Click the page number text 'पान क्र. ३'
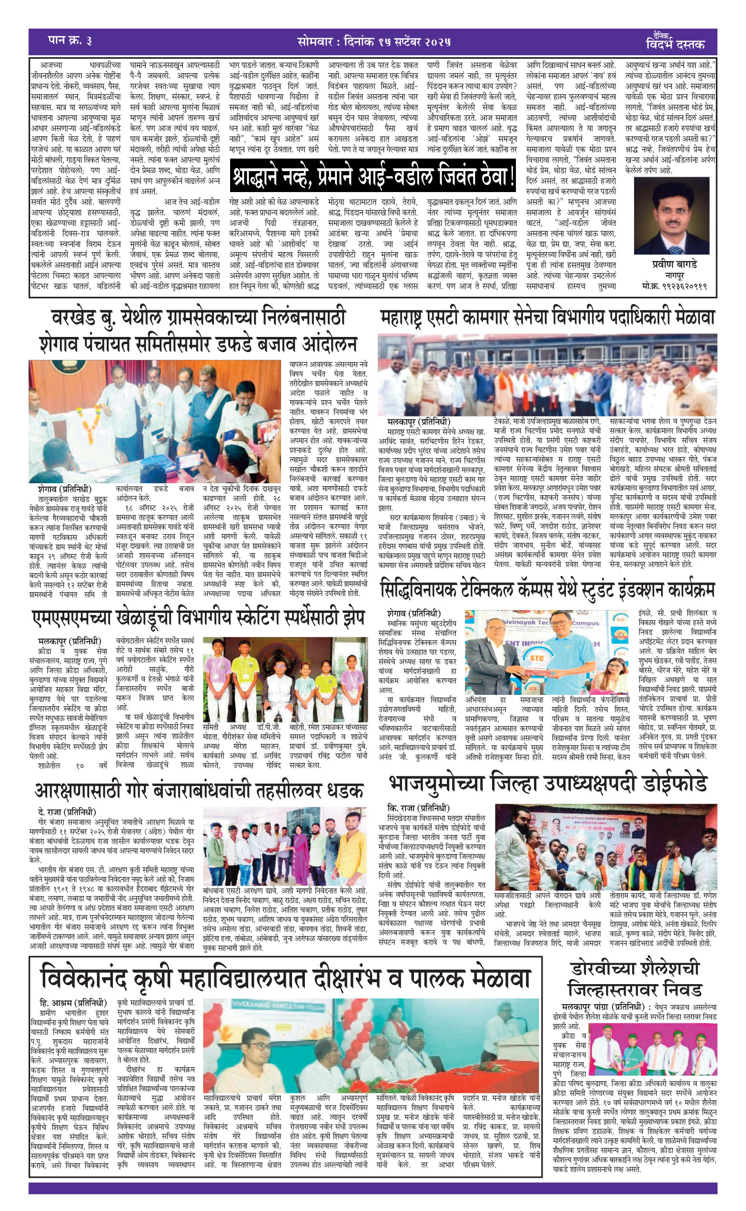(70, 41)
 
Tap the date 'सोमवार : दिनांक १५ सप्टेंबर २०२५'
(374, 41)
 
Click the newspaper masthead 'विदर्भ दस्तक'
(675, 44)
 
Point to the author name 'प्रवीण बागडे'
(675, 265)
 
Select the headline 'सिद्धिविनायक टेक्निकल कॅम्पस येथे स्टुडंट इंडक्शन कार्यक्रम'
(547, 590)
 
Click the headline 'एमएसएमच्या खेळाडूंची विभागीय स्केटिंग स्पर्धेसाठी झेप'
(198, 617)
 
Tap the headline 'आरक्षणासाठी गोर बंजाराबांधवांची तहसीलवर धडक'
(198, 790)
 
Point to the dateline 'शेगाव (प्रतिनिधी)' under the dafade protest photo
(65, 489)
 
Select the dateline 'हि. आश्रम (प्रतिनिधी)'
(73, 1003)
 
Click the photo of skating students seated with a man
(285, 679)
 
